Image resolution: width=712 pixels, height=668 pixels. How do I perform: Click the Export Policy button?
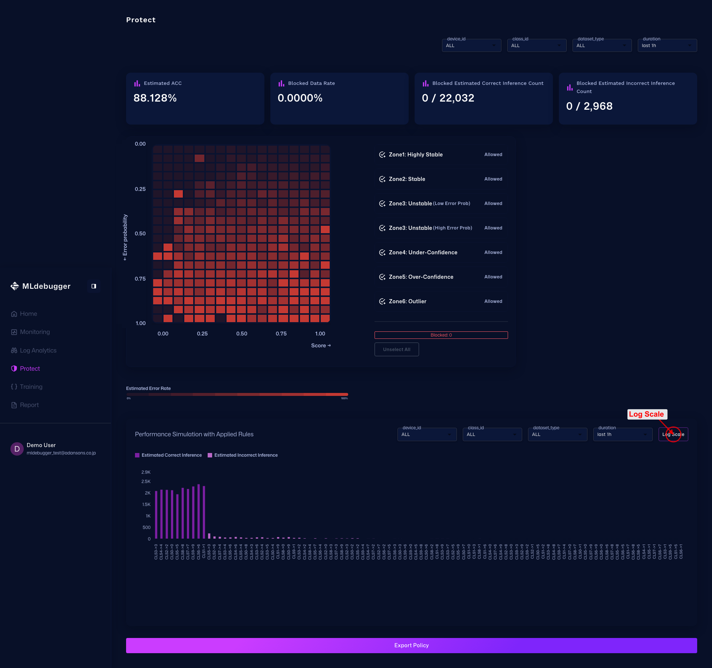411,645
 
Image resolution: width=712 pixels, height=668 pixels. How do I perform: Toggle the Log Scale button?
673,434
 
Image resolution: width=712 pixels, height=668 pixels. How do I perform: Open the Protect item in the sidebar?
30,368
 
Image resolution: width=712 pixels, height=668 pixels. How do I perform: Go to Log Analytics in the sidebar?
38,350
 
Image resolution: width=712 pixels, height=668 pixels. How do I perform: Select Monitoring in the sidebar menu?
34,332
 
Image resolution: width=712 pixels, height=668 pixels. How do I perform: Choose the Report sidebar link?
29,405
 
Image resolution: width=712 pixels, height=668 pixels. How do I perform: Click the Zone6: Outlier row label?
407,301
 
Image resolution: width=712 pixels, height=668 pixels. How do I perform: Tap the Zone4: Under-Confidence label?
423,252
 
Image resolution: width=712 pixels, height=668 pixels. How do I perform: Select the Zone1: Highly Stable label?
415,155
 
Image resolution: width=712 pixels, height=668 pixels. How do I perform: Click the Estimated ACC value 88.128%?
155,98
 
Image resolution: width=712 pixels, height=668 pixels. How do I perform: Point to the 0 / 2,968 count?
589,106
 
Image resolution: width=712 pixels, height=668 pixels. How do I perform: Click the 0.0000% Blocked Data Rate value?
300,98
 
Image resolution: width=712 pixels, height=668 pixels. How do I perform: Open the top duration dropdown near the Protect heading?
667,46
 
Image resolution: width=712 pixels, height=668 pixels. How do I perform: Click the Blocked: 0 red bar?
441,335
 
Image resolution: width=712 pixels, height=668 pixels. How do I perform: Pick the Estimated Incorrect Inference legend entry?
245,455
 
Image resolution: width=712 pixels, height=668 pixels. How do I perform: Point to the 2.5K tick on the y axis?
146,482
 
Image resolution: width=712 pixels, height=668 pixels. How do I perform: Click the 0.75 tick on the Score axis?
281,334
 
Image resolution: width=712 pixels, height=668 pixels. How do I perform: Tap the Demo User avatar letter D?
17,449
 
